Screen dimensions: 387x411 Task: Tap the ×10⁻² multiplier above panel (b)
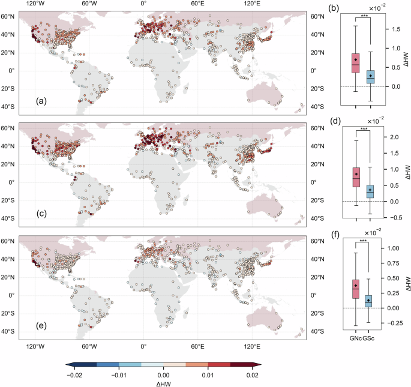(376, 8)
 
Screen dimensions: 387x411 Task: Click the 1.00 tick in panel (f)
(394, 248)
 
